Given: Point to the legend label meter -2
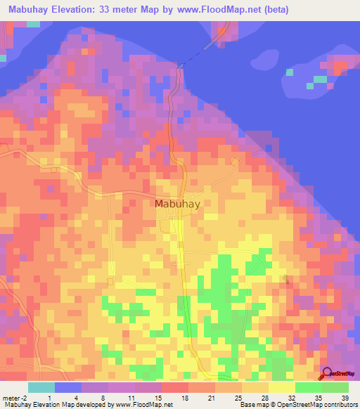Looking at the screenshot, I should pyautogui.click(x=14, y=398).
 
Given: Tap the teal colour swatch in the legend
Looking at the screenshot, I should pyautogui.click(x=41, y=387).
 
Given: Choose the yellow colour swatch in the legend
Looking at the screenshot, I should pyautogui.click(x=282, y=387).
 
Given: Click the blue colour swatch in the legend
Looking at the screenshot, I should pyautogui.click(x=68, y=387).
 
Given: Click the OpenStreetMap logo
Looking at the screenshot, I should pyautogui.click(x=339, y=375).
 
